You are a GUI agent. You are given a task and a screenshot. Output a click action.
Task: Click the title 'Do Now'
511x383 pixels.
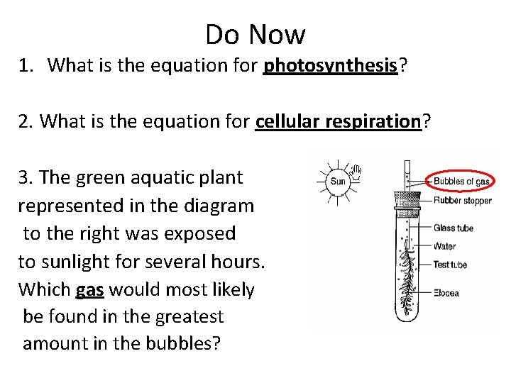click(255, 34)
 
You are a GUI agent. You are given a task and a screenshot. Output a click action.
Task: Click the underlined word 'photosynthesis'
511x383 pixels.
click(329, 66)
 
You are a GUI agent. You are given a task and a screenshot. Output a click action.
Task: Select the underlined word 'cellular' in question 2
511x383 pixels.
click(287, 121)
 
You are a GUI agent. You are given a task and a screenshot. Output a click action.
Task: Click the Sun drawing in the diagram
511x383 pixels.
click(338, 182)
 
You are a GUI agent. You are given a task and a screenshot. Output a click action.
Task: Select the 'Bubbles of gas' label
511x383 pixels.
click(461, 182)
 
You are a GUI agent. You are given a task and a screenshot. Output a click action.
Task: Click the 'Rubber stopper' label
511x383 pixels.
click(462, 200)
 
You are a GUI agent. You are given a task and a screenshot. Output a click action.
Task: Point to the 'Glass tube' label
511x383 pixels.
click(453, 228)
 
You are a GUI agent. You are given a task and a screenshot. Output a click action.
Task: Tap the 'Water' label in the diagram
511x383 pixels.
click(444, 246)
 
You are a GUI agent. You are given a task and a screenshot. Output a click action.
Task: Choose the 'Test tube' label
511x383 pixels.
click(450, 265)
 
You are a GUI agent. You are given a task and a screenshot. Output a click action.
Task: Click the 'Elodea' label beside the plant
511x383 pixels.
click(446, 293)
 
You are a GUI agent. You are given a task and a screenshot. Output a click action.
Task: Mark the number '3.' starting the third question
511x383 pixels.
click(26, 177)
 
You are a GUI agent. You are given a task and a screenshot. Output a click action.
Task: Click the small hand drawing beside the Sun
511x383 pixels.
click(358, 170)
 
